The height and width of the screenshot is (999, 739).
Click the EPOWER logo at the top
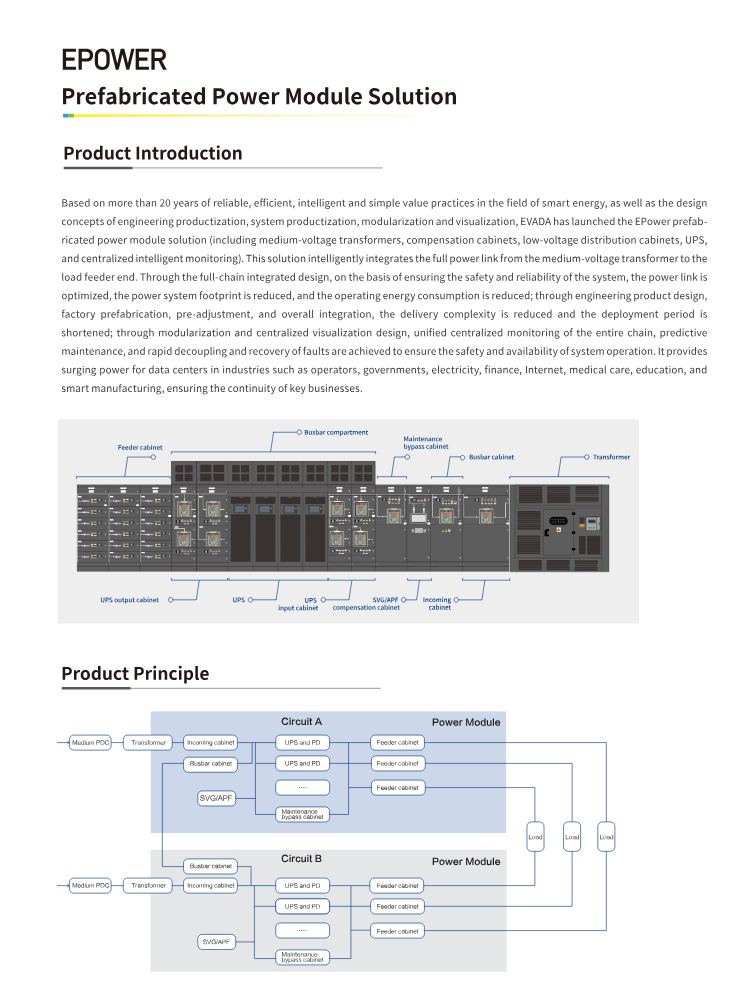(114, 59)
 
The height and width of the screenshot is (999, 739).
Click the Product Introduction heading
(152, 153)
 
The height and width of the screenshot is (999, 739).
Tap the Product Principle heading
(135, 673)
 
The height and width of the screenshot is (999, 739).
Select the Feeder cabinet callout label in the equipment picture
(139, 448)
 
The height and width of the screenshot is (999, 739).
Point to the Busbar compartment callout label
(336, 432)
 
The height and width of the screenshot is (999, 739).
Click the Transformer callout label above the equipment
(611, 457)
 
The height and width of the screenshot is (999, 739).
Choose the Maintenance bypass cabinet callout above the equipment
(426, 442)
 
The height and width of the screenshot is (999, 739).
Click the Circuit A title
(301, 721)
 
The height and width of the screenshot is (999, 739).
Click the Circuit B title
(301, 859)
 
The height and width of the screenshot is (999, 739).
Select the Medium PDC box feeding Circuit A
(90, 743)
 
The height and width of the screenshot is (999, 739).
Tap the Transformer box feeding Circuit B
(149, 885)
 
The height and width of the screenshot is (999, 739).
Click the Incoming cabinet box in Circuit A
(211, 743)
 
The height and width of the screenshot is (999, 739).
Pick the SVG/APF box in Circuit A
(217, 798)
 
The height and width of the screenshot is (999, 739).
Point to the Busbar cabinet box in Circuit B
(210, 865)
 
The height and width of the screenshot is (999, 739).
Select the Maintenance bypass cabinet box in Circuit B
(302, 957)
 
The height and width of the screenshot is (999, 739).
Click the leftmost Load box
(537, 836)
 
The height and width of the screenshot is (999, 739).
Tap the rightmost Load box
(607, 836)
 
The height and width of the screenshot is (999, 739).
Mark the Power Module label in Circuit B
(466, 861)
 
